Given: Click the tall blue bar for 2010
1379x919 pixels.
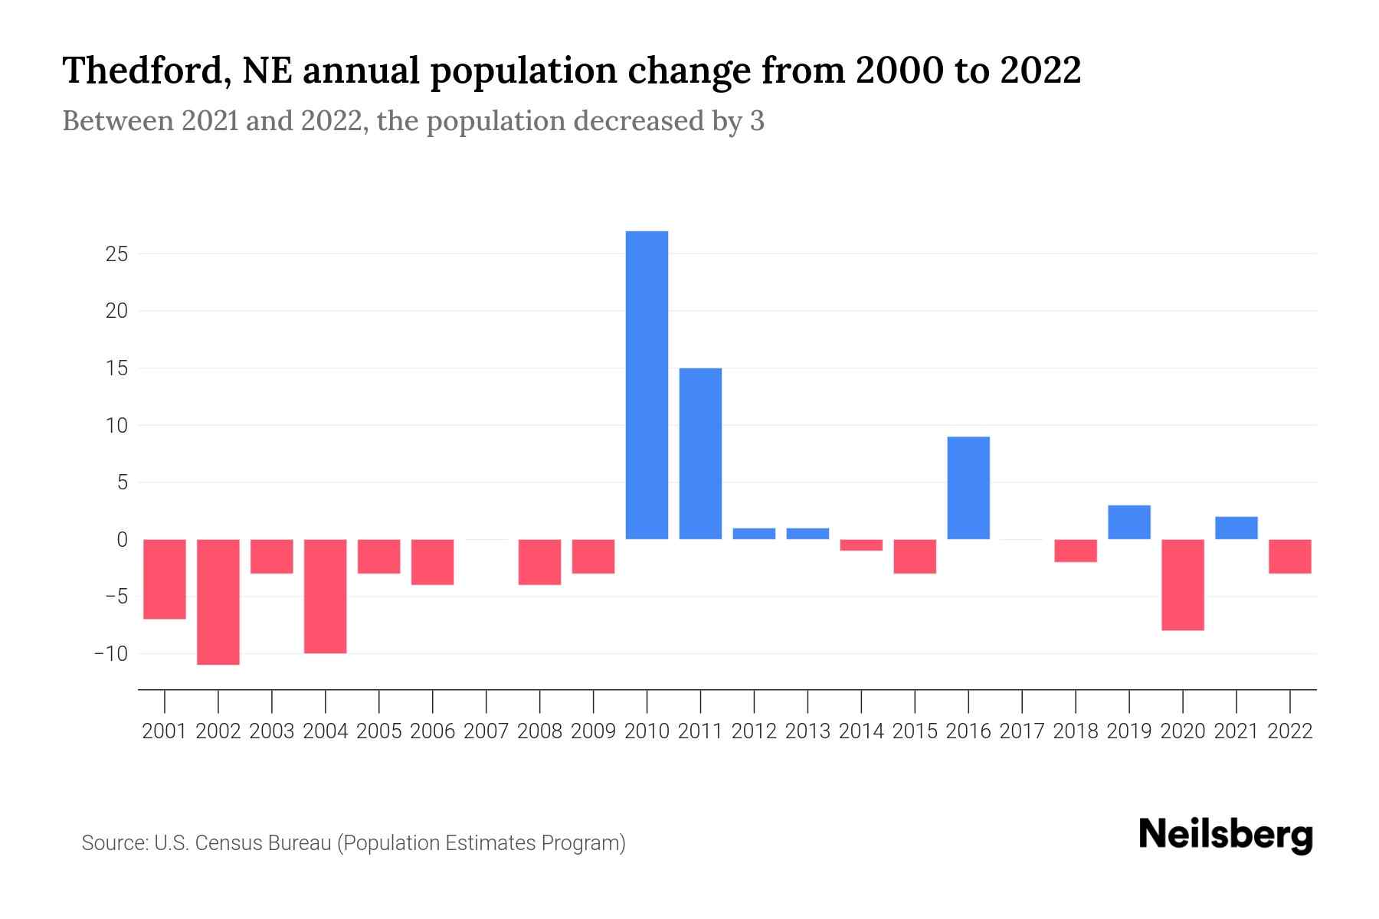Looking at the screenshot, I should [647, 385].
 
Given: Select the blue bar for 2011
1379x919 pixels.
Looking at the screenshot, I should [700, 453].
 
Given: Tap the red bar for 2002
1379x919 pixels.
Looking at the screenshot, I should [218, 602].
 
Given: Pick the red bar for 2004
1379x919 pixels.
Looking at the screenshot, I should [326, 596].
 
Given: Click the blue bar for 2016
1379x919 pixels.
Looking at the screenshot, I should [968, 488].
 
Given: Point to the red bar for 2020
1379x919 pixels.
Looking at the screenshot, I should [1183, 584].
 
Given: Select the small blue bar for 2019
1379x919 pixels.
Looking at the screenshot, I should [1129, 522].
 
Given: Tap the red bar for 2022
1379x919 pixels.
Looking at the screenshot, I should [1290, 556].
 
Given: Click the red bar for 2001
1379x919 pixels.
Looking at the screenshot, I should [165, 579].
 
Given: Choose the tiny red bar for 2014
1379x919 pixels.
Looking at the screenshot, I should [861, 545].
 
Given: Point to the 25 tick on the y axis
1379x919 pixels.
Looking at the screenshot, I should [116, 254].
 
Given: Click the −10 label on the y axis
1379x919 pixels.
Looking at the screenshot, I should [110, 654].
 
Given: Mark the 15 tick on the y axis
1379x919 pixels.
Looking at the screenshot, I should [116, 368].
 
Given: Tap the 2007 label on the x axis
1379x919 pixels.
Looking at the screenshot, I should [486, 731].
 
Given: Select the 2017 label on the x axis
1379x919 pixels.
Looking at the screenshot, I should [1022, 731].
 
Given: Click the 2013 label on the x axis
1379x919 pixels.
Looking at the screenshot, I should [807, 731].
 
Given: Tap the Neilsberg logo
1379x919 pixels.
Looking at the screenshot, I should [1226, 835].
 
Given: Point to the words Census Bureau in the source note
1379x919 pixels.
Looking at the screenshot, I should [263, 843].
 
